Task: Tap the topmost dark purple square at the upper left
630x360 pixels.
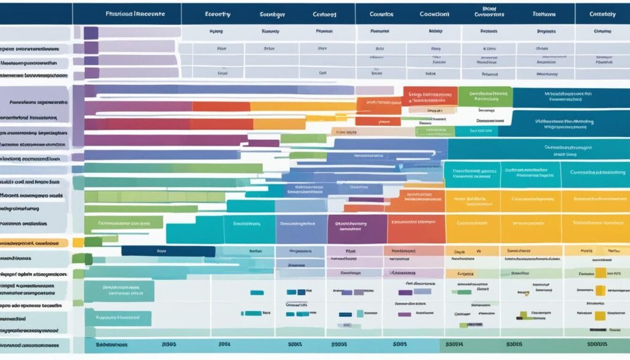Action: coord(90,33)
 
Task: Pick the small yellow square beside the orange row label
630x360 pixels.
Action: coord(78,242)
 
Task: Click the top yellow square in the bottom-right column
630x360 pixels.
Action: coord(600,273)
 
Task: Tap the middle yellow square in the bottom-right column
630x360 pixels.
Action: coord(600,290)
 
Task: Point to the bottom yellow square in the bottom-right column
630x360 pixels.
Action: coord(600,315)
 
